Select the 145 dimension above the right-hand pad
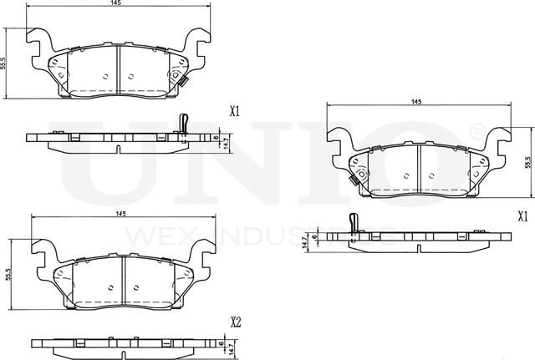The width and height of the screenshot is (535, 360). (x=415, y=101)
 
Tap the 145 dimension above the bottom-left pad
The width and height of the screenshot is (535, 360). (x=120, y=215)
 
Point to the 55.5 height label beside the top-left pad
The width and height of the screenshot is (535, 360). (x=6, y=62)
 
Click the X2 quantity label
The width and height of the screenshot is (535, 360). (x=236, y=322)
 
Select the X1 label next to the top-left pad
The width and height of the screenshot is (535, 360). (x=235, y=110)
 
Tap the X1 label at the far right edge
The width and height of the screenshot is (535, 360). (x=522, y=215)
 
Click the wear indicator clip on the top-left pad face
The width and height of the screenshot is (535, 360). (x=178, y=79)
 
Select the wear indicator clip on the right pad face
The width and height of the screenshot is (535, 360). (x=354, y=178)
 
